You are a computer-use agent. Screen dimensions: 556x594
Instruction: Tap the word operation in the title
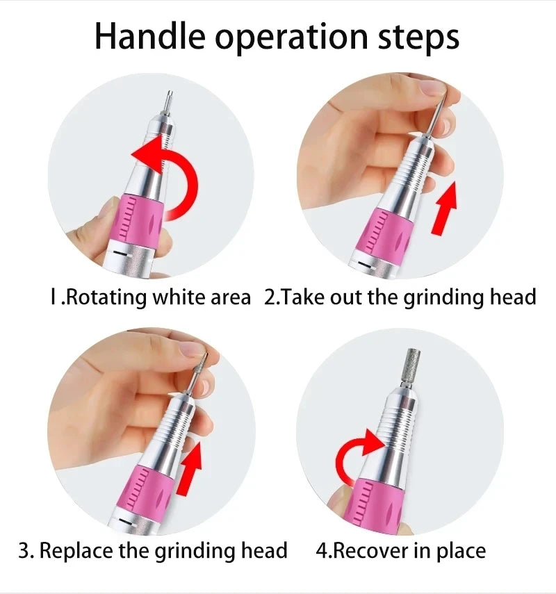coord(291,39)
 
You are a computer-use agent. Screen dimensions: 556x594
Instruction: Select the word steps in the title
coord(419,39)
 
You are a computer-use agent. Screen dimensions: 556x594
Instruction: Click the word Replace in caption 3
coord(76,550)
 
